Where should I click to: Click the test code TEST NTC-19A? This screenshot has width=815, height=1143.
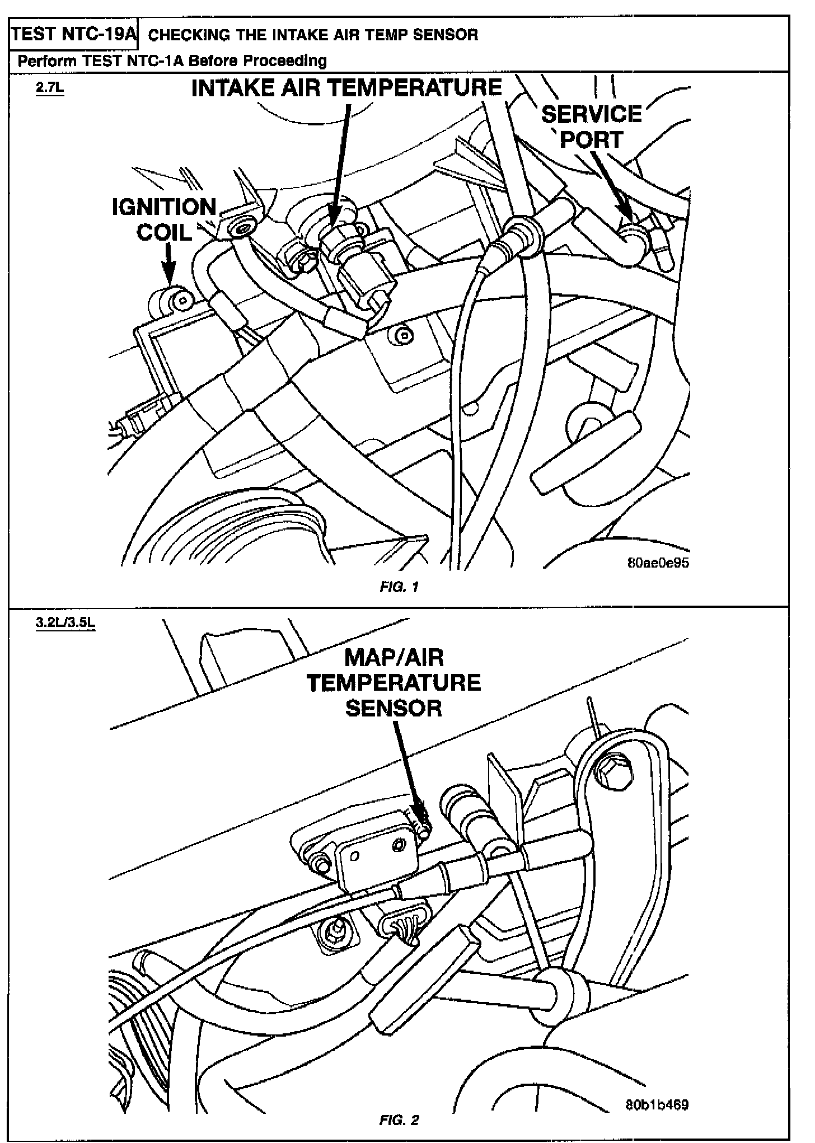tap(74, 35)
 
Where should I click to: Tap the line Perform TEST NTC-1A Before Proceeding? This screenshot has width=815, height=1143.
tap(172, 60)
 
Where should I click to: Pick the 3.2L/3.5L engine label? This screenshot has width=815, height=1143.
tap(65, 624)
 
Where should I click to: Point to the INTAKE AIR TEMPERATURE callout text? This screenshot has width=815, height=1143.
tap(346, 88)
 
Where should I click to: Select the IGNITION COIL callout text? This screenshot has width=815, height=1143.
tap(165, 219)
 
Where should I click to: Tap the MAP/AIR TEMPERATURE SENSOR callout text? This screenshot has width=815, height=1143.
tap(394, 683)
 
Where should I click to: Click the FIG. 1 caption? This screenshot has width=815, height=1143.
tap(399, 587)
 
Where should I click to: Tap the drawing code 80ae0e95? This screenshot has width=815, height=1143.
tap(658, 563)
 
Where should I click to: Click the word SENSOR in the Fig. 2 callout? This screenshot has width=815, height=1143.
tap(394, 709)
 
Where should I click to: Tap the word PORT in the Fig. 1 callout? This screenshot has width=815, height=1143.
tap(592, 140)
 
